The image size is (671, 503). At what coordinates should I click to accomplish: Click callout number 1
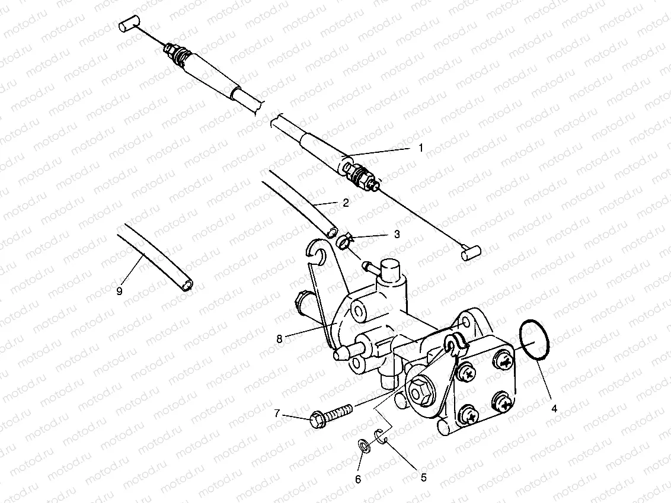[421, 148]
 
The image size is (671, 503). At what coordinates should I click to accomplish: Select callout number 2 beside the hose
[345, 203]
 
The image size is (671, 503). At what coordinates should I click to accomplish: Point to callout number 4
[554, 408]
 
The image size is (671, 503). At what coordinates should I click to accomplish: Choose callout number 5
[423, 476]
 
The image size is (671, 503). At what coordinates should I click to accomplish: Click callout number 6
[358, 479]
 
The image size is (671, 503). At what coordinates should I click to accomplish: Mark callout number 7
[277, 414]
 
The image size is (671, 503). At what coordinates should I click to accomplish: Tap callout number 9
[119, 291]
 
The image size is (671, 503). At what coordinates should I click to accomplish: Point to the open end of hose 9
[187, 286]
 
